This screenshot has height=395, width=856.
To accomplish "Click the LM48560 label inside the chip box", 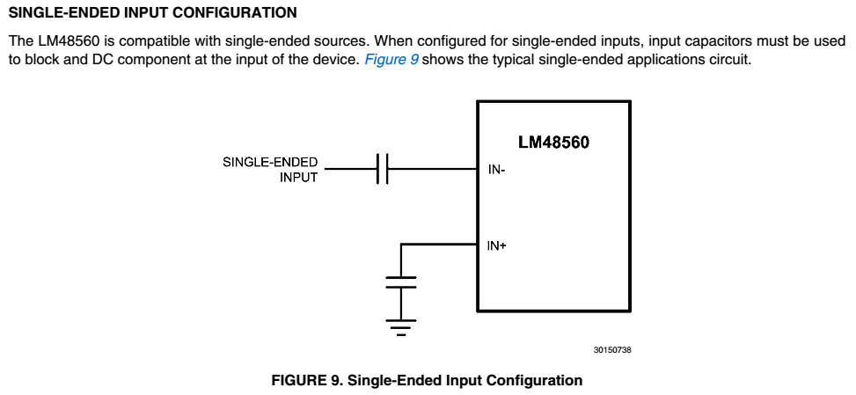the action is (x=553, y=143).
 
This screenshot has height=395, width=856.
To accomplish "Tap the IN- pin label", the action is (x=497, y=170).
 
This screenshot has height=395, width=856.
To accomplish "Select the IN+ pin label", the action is (x=497, y=246).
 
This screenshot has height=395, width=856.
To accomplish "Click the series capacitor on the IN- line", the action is (x=382, y=169).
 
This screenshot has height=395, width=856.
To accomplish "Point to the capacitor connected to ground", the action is (x=400, y=282).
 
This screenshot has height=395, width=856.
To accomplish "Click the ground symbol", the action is (x=400, y=327).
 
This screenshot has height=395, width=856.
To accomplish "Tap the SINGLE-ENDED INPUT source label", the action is (x=270, y=170).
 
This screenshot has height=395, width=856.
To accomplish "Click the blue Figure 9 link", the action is (x=391, y=60).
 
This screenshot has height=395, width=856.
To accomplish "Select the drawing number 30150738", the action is (x=612, y=350).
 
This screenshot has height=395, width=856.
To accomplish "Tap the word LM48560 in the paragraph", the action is (x=69, y=41).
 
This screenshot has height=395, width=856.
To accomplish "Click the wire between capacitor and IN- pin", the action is (x=432, y=169).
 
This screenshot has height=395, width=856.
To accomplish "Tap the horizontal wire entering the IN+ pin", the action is (x=439, y=245).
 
